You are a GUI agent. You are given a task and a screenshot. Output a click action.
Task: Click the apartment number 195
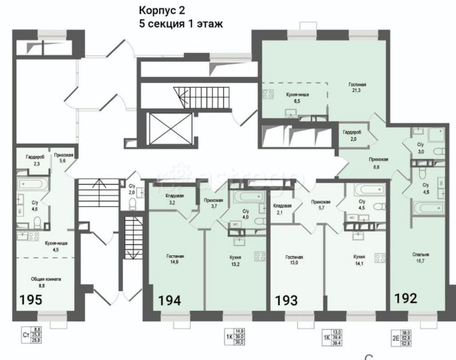pyautogui.click(x=31, y=300)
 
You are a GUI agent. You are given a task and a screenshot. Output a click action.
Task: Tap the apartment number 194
pyautogui.click(x=169, y=300)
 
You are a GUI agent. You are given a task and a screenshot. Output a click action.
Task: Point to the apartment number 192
pyautogui.click(x=405, y=298)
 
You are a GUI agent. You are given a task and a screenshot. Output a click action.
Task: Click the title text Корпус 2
pyautogui.click(x=163, y=10)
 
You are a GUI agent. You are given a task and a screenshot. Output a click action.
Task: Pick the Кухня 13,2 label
pyautogui.click(x=235, y=260)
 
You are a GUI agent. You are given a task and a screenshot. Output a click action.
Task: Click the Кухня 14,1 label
pyautogui.click(x=359, y=260)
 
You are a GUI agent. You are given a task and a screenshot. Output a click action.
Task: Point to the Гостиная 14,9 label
pyautogui.click(x=175, y=259)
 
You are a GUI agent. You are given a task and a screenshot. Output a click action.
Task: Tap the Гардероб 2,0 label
pyautogui.click(x=352, y=135)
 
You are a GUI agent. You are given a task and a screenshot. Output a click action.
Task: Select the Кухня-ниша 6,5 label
pyautogui.click(x=296, y=97)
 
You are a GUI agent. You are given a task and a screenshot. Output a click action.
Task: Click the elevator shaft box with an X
pyautogui.click(x=170, y=128)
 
